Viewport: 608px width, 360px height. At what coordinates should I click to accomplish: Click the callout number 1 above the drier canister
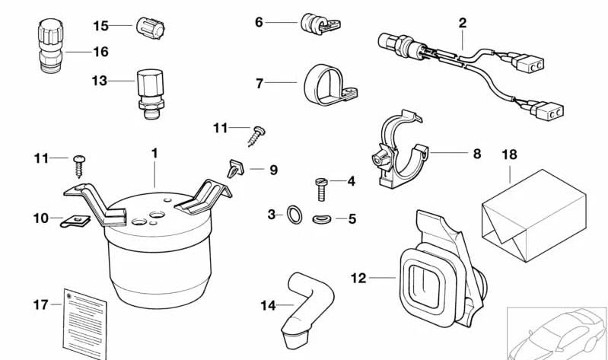pos(154,153)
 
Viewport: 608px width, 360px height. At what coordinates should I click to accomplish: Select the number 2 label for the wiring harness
pos(462,23)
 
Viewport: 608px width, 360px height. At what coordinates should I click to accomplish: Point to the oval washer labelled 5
pos(322,220)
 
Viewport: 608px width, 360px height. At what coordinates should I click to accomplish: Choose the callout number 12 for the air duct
pos(358,278)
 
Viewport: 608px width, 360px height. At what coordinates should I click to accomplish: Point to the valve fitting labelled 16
pos(46,46)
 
